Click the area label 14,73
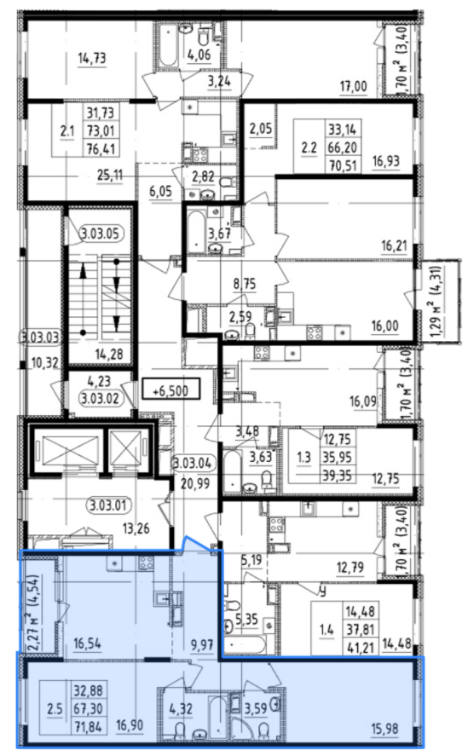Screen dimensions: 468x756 pos(92,58)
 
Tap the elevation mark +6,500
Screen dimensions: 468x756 pos(170,390)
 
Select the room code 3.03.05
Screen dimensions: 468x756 pos(100,234)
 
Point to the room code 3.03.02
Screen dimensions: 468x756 pos(100,399)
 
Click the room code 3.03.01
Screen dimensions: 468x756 pos(108,505)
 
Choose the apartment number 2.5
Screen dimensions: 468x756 pos(55,709)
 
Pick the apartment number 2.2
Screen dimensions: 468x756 pos(309,147)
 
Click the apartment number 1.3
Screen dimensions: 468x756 pos(303,457)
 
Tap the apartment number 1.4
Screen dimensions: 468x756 pos(326,630)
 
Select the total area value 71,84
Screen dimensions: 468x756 pos(88,726)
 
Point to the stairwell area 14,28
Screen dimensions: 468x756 pos(108,355)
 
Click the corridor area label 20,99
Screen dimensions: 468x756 pos(195,482)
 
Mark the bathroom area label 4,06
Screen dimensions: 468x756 pos(199,55)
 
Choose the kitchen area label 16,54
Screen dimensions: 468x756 pos(87,643)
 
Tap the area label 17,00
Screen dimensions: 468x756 pos(353,87)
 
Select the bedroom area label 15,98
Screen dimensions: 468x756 pos(384,729)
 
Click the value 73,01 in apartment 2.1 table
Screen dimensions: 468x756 pos(101,130)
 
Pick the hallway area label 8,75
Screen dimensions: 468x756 pos(245,284)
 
